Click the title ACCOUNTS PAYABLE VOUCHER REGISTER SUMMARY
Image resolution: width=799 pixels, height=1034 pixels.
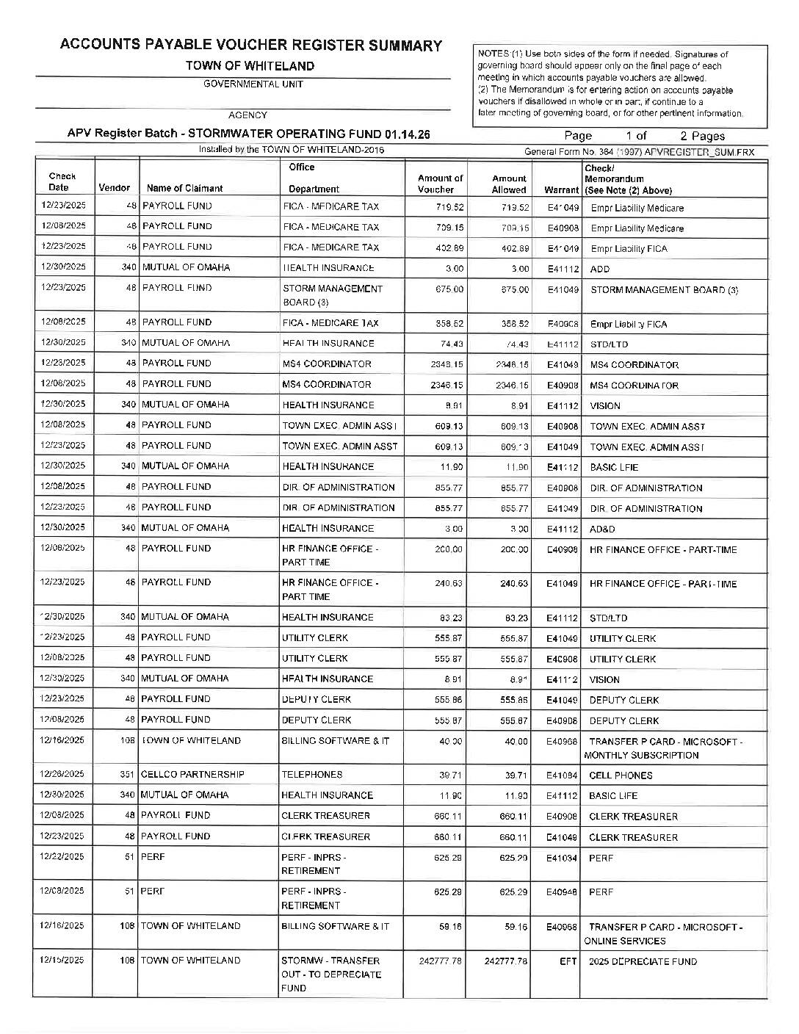pyautogui.click(x=250, y=46)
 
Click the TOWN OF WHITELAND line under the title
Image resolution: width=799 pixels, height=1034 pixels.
pyautogui.click(x=250, y=66)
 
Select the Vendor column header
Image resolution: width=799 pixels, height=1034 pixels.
pyautogui.click(x=114, y=188)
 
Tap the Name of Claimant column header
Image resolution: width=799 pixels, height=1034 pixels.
pyautogui.click(x=184, y=188)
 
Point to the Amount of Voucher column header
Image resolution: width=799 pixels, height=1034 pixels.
pyautogui.click(x=440, y=184)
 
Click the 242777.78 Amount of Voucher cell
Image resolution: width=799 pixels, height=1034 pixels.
pyautogui.click(x=441, y=961)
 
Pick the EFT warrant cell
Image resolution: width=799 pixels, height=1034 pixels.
pyautogui.click(x=568, y=961)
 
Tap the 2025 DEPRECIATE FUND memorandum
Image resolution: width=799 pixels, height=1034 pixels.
pyautogui.click(x=643, y=962)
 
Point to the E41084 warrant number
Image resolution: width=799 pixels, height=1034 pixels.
pyautogui.click(x=563, y=775)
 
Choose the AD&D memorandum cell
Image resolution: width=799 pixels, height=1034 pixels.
pyautogui.click(x=602, y=529)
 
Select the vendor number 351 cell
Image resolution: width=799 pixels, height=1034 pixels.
pyautogui.click(x=128, y=775)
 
